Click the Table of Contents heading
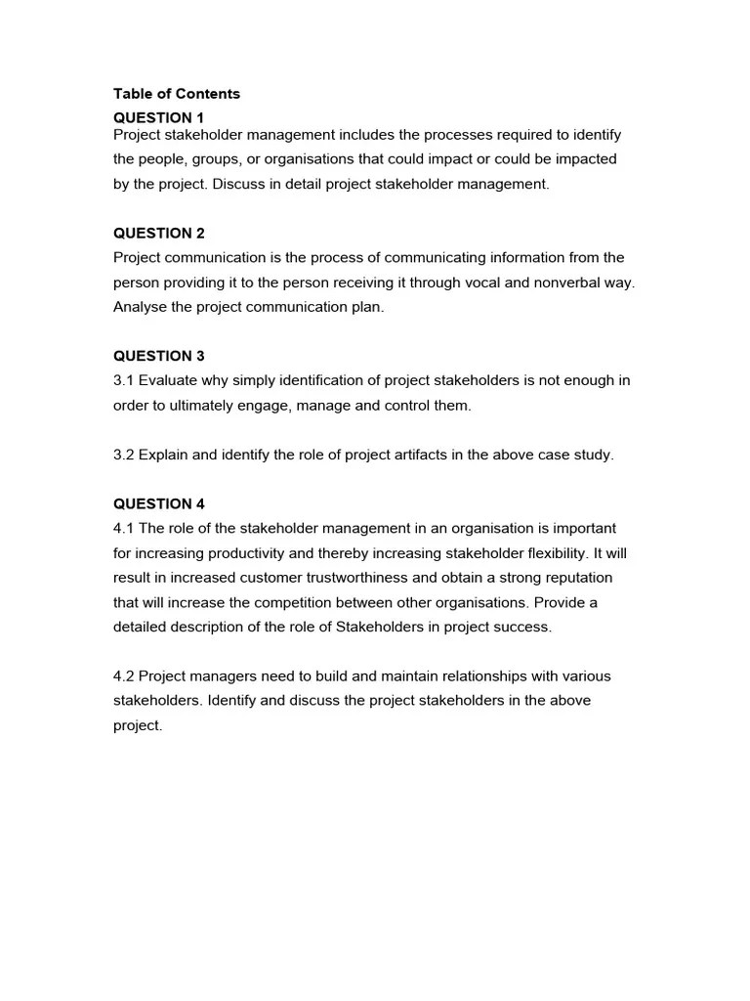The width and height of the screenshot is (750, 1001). (176, 94)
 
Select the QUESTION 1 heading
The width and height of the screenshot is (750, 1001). (159, 118)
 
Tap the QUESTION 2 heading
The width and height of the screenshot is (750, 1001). (159, 233)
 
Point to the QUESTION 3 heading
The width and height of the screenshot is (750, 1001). (159, 356)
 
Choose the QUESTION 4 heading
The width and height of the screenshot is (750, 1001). (159, 503)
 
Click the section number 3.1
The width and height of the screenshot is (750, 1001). (124, 380)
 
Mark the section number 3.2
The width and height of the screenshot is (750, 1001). (124, 456)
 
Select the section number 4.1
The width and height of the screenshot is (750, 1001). (124, 528)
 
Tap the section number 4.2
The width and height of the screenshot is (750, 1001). (124, 675)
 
